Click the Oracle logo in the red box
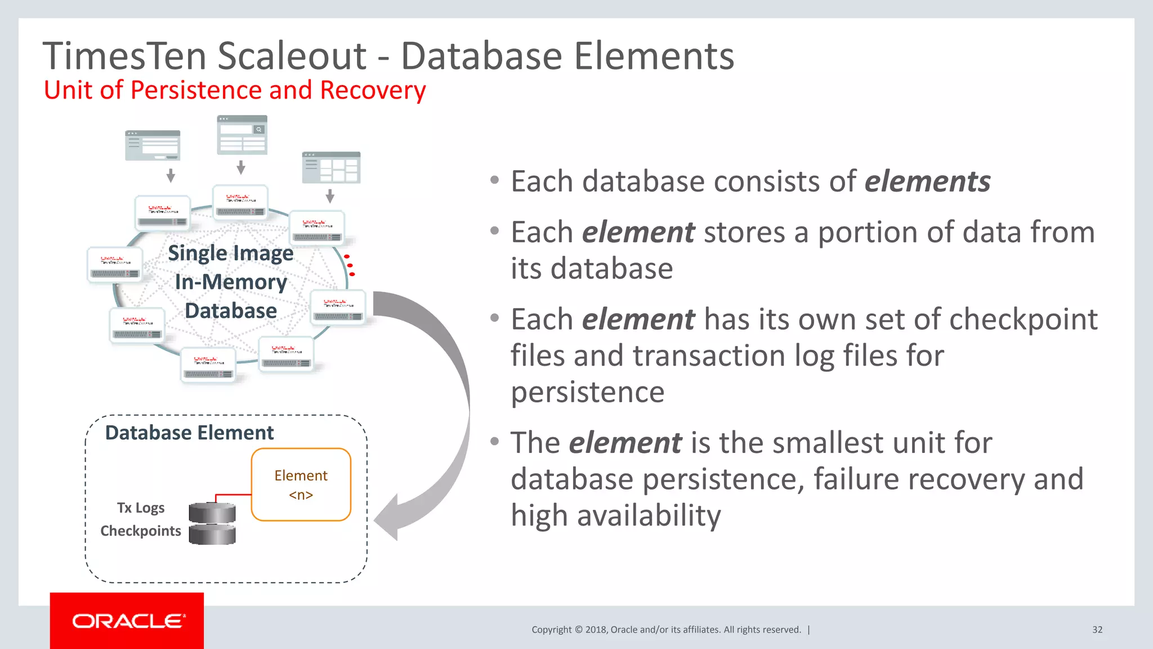point(127,621)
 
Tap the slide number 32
point(1097,630)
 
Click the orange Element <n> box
point(301,484)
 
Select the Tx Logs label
point(141,508)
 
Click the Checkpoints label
point(141,531)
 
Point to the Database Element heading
point(189,433)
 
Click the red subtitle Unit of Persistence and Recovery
point(235,90)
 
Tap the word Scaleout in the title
point(292,56)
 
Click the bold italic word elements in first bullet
point(927,181)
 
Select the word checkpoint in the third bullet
point(1024,319)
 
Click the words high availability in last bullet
point(616,515)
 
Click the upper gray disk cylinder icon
point(212,513)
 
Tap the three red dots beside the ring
point(350,265)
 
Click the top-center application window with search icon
point(242,135)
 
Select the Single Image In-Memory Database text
point(231,282)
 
